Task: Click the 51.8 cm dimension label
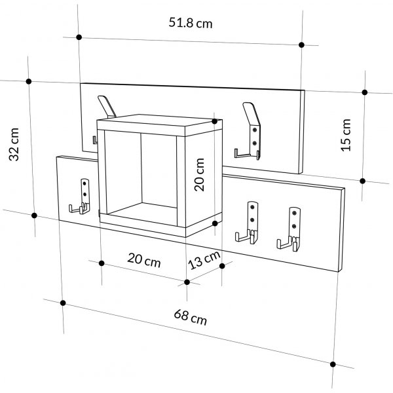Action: click(191, 23)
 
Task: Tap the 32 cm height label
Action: click(14, 144)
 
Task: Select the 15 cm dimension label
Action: click(346, 135)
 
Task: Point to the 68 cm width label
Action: click(191, 317)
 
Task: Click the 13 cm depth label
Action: click(204, 260)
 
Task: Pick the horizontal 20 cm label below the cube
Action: click(144, 260)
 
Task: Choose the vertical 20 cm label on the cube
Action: click(200, 175)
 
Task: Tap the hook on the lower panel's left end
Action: click(80, 196)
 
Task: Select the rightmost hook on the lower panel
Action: click(289, 229)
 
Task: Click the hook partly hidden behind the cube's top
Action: click(107, 107)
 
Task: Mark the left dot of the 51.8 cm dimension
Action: click(79, 37)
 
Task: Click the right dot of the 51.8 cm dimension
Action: click(301, 45)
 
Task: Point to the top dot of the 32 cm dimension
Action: click(29, 81)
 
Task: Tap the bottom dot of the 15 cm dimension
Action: click(362, 181)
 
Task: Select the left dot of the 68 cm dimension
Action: click(63, 303)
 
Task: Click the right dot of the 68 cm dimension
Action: click(333, 364)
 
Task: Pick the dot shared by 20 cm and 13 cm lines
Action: click(187, 282)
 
